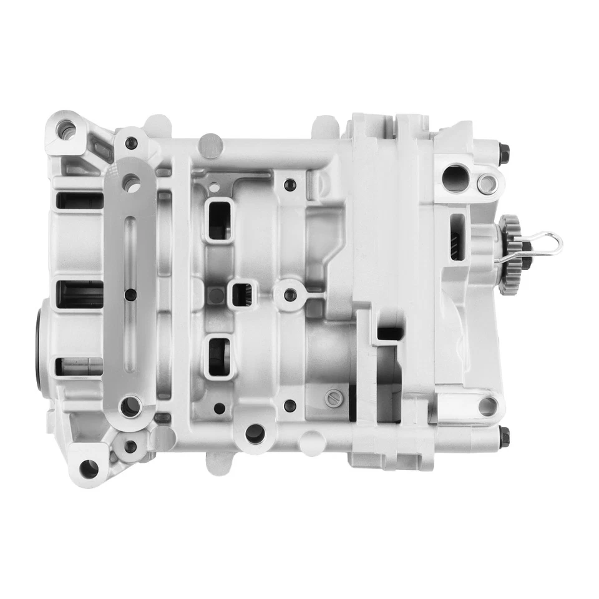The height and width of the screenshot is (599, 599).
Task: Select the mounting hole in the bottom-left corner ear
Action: (x=89, y=467)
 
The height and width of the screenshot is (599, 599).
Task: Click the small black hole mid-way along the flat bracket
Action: (x=130, y=295)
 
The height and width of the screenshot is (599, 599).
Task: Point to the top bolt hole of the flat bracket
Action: (x=130, y=183)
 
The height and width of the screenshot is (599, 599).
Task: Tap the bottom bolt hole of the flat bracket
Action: (x=130, y=407)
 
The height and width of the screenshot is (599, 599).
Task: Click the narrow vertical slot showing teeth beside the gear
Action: (x=456, y=237)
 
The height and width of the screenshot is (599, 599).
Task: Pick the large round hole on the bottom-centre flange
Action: (x=255, y=433)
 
